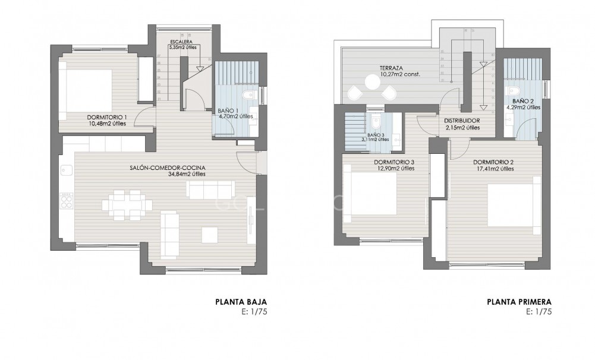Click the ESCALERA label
click(x=180, y=42)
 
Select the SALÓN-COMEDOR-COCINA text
click(x=167, y=168)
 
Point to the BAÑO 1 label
click(x=228, y=110)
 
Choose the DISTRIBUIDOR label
click(x=462, y=121)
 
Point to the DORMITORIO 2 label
click(x=493, y=162)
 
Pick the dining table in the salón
click(x=127, y=205)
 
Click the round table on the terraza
click(x=373, y=84)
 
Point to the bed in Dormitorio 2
click(x=515, y=205)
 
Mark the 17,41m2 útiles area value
click(x=494, y=169)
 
